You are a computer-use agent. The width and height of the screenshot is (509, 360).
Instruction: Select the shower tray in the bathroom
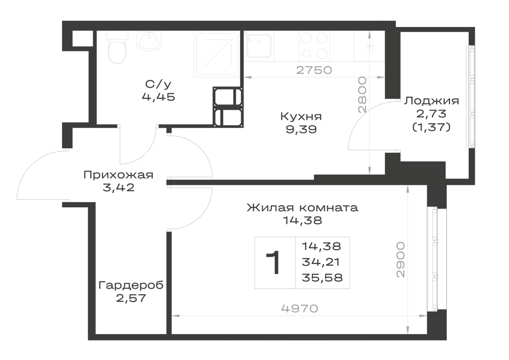click(x=216, y=54)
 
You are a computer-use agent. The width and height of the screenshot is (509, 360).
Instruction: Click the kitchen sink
click(x=259, y=46)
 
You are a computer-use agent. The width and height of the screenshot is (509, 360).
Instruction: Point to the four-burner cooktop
click(x=315, y=46)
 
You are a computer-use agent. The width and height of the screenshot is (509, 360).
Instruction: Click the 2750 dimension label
click(x=314, y=70)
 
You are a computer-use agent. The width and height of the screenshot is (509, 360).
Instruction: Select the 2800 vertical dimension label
click(x=362, y=95)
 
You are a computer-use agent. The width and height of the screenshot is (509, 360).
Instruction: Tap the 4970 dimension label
click(x=300, y=309)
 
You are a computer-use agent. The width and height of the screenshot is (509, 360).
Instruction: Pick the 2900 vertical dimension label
click(x=401, y=259)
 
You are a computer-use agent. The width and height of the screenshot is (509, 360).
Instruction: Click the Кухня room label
click(x=301, y=117)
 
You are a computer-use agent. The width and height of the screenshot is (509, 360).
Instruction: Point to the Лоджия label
click(x=432, y=101)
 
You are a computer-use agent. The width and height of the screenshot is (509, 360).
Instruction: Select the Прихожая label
click(x=119, y=175)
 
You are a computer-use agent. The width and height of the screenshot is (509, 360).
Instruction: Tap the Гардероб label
click(x=131, y=286)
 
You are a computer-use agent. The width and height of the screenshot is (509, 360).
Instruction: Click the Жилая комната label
click(x=302, y=208)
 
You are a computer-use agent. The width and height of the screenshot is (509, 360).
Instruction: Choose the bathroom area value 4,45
click(x=158, y=97)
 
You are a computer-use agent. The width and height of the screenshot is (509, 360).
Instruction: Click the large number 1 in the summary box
click(x=273, y=263)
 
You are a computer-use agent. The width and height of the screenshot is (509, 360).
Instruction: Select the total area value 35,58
click(x=322, y=278)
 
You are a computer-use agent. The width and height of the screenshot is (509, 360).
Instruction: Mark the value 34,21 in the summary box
click(x=321, y=262)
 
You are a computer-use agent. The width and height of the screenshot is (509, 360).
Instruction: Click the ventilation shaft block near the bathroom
click(x=228, y=106)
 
